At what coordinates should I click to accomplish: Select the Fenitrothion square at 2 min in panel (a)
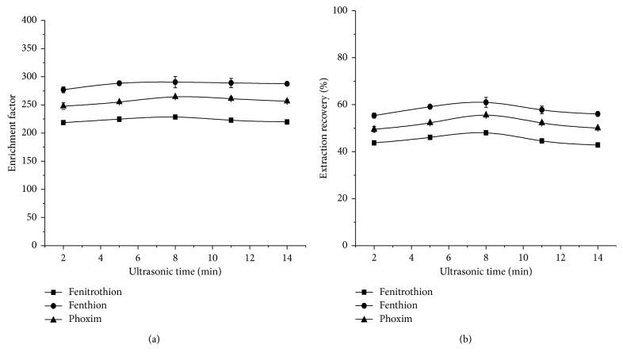[x=63, y=122]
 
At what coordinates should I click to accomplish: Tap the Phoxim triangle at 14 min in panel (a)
[x=287, y=101]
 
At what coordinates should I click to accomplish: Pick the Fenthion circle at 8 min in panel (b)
[x=486, y=102]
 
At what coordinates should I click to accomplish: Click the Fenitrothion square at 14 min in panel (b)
[x=598, y=144]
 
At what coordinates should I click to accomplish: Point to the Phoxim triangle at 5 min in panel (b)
[x=430, y=122]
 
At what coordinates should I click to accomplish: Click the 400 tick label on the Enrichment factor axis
[x=28, y=20]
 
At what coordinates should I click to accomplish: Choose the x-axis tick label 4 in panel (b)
[x=411, y=258]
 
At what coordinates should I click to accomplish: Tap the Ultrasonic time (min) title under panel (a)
[x=174, y=271]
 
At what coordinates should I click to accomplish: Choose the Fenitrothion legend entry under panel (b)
[x=405, y=291]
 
